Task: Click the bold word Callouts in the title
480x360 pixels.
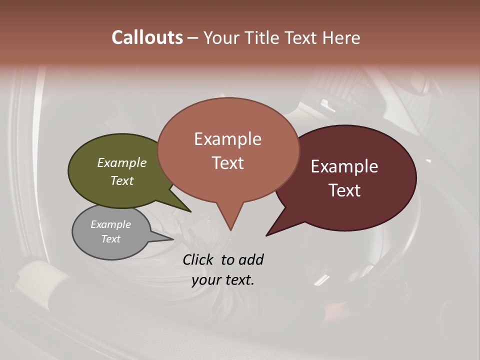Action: [147, 37]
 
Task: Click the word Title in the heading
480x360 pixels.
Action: [263, 37]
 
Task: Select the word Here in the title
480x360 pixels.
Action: [341, 37]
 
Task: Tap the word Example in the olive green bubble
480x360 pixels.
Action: [121, 162]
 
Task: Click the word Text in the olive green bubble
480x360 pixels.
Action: [121, 180]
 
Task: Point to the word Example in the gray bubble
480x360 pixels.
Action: [110, 224]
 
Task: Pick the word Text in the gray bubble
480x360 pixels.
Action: [110, 239]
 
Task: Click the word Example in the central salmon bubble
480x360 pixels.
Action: [227, 139]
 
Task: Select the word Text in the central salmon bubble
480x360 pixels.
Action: [227, 163]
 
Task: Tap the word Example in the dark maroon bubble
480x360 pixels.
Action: [344, 166]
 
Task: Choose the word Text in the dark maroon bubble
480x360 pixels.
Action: [344, 190]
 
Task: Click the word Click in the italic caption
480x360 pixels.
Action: [198, 259]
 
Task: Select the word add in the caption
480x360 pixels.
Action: [251, 259]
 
